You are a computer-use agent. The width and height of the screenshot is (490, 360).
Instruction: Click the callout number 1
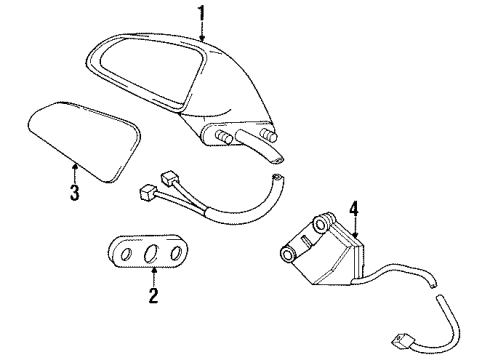pyautogui.click(x=200, y=13)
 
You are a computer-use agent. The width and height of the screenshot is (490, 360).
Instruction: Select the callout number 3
pyautogui.click(x=73, y=192)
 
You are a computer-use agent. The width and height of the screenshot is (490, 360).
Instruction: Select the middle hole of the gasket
pyautogui.click(x=152, y=254)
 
